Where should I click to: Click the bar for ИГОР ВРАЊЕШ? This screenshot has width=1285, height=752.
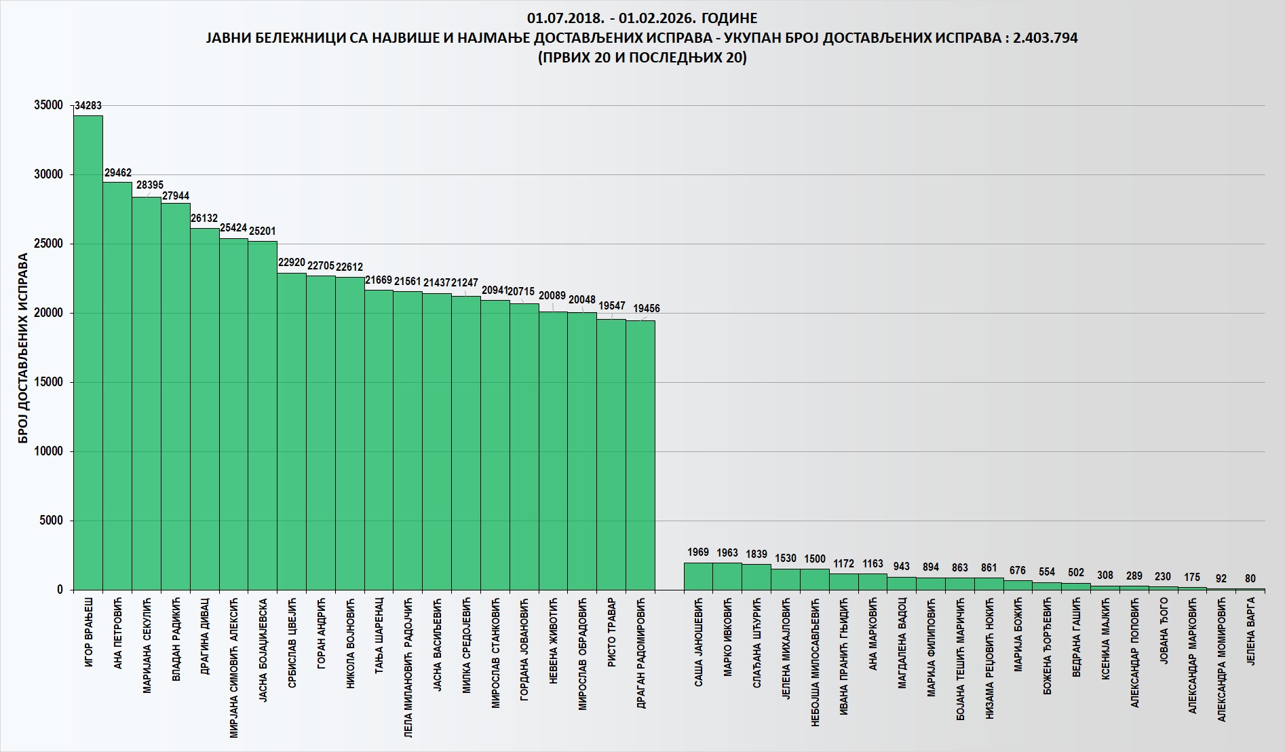click(x=88, y=353)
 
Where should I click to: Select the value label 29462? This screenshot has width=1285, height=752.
click(x=118, y=173)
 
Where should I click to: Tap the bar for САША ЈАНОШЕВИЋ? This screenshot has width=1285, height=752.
click(x=698, y=576)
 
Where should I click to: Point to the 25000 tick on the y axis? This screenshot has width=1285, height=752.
click(x=49, y=244)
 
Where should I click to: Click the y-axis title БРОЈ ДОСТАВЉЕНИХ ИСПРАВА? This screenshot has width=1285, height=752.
click(x=24, y=348)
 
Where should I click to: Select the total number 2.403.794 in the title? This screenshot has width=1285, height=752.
click(x=1045, y=38)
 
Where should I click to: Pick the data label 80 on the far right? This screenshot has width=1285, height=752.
click(x=1250, y=579)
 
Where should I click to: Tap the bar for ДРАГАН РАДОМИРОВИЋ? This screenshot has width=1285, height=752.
click(x=640, y=455)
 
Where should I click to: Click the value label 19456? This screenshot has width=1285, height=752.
click(x=647, y=308)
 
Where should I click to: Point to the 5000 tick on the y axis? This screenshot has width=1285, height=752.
click(x=52, y=521)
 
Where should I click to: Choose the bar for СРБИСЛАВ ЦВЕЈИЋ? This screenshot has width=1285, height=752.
click(x=292, y=431)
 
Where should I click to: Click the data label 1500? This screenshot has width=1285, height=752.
click(x=815, y=559)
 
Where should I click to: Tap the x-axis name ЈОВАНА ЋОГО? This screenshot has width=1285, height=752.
click(x=1164, y=631)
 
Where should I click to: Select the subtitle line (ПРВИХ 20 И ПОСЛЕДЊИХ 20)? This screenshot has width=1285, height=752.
click(x=642, y=58)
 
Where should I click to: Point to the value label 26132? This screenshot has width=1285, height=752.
click(x=204, y=219)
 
